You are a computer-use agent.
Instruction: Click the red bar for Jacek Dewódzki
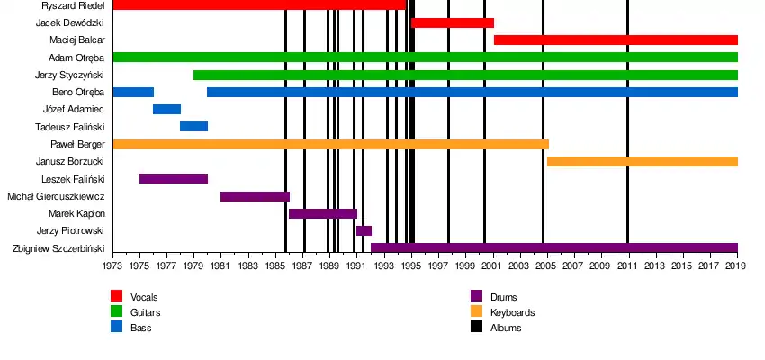[x=453, y=22]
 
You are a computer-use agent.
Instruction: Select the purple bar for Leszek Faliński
[x=174, y=178]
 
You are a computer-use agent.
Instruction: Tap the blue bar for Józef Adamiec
[x=166, y=109]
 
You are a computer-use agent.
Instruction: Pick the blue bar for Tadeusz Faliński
[x=193, y=126]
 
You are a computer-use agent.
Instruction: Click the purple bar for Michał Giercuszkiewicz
[x=255, y=196]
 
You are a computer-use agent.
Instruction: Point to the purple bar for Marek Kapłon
[x=322, y=213]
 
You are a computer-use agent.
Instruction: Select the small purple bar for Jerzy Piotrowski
[x=364, y=230]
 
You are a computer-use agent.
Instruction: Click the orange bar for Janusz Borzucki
[x=643, y=161]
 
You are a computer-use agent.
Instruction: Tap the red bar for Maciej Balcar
[x=616, y=40]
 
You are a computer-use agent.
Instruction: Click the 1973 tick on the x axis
[x=112, y=266]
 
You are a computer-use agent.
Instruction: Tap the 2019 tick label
[x=738, y=266]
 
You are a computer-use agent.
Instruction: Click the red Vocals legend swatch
[x=117, y=296]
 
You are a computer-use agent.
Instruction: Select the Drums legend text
[x=504, y=297]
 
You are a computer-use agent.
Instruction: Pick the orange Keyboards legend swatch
[x=477, y=311]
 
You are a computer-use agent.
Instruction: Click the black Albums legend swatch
[x=477, y=327]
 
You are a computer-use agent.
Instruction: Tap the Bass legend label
[x=140, y=328]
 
